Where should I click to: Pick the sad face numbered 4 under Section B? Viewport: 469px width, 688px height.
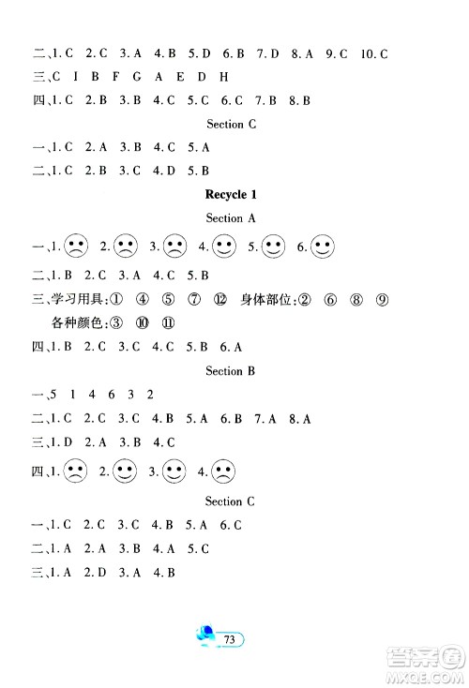[223, 471]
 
